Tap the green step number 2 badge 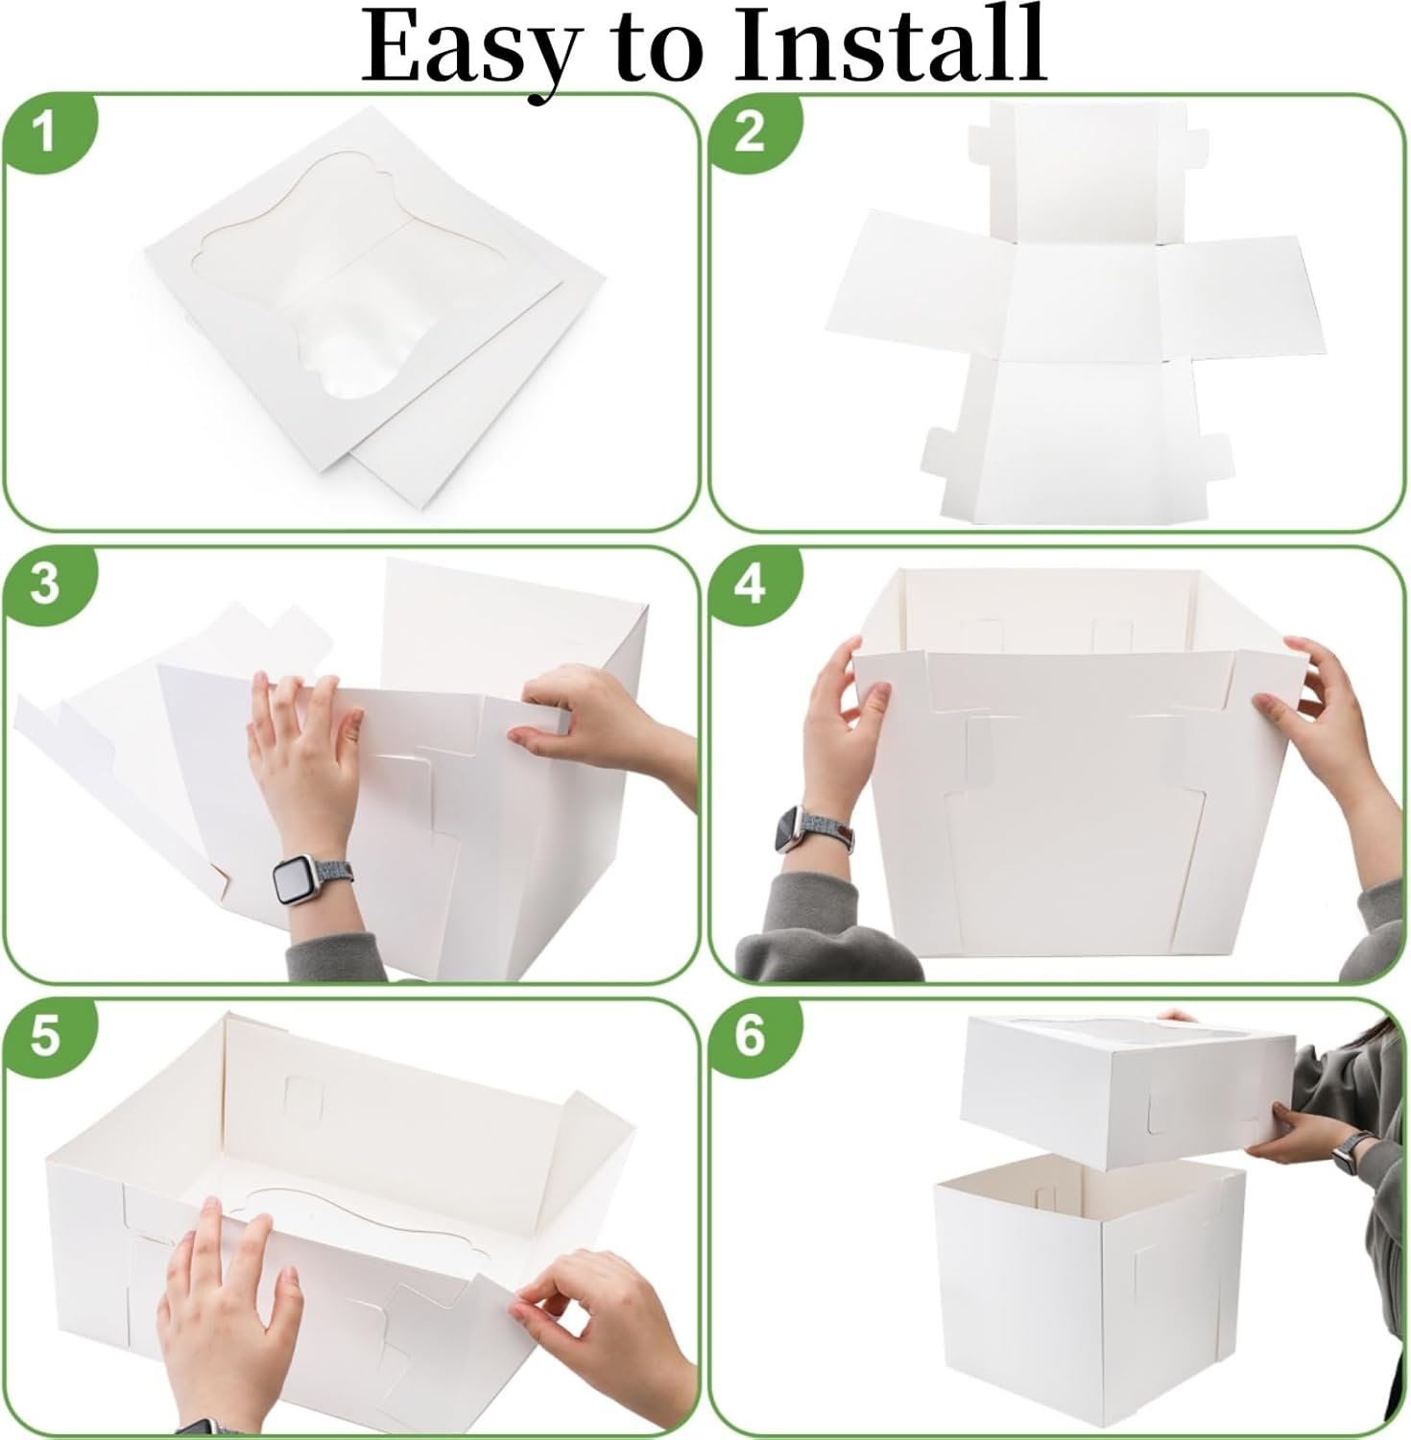tap(750, 132)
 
